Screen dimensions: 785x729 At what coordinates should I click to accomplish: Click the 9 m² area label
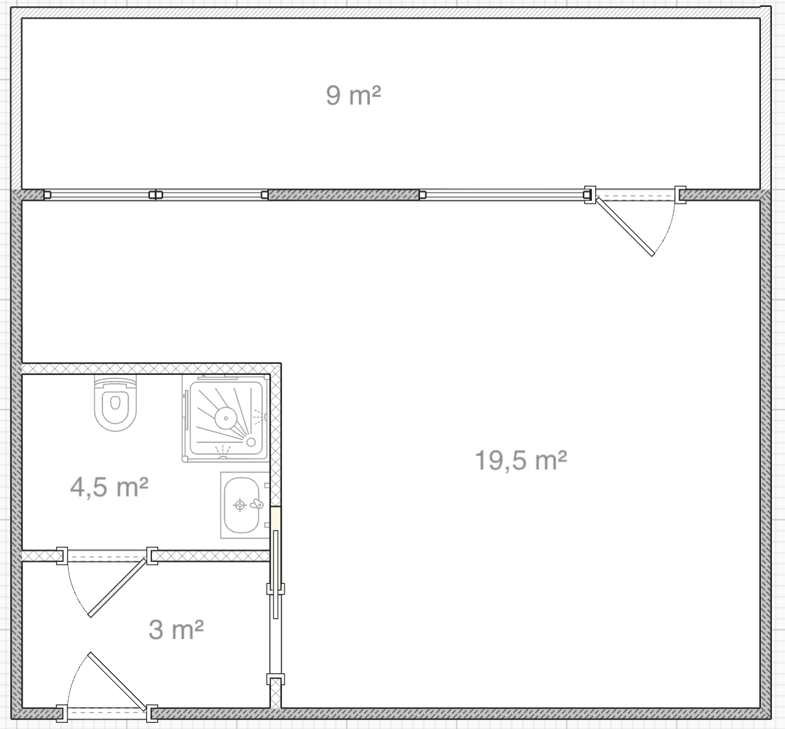pyautogui.click(x=353, y=95)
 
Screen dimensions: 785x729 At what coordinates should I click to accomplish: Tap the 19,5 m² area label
pyautogui.click(x=520, y=460)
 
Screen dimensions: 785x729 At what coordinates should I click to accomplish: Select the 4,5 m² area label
pyautogui.click(x=109, y=486)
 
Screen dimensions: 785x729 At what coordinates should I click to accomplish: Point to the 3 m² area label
pyautogui.click(x=176, y=629)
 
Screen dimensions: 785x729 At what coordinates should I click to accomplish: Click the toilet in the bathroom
pyautogui.click(x=115, y=403)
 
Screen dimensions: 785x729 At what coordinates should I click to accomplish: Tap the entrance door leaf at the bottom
pyautogui.click(x=120, y=682)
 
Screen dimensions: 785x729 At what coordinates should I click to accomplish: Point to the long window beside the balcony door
pyautogui.click(x=502, y=195)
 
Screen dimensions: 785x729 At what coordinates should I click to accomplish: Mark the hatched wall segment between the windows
pyautogui.click(x=344, y=195)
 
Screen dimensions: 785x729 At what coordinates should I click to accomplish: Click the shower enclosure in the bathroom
pyautogui.click(x=225, y=418)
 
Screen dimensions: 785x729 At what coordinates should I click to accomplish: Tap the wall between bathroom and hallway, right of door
pyautogui.click(x=211, y=556)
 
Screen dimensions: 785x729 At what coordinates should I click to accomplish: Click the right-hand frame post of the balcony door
pyautogui.click(x=680, y=195)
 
